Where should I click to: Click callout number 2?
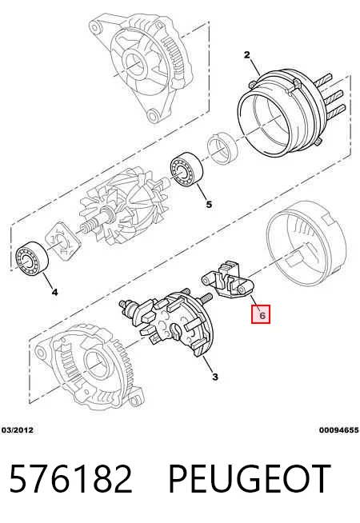(x=246, y=54)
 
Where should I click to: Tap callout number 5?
(x=209, y=204)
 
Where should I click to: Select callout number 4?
(x=55, y=292)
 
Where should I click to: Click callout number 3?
(x=215, y=377)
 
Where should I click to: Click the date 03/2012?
(x=18, y=430)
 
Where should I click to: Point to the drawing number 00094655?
(x=338, y=430)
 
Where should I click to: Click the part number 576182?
(x=71, y=479)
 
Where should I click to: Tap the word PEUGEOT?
(x=250, y=479)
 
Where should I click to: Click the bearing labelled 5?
(x=186, y=170)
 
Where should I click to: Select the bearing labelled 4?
(x=33, y=258)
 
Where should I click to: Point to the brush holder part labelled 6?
(x=228, y=280)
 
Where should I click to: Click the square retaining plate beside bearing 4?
(x=62, y=239)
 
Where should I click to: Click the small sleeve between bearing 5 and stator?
(x=222, y=149)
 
